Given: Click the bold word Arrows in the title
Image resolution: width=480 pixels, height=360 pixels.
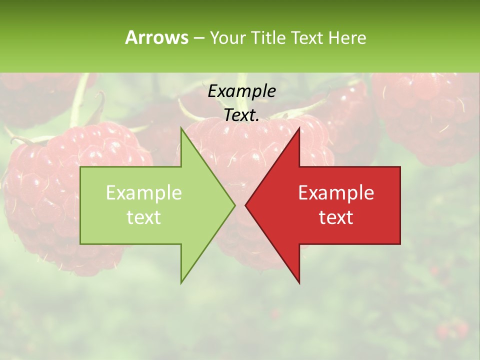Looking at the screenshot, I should (156, 37).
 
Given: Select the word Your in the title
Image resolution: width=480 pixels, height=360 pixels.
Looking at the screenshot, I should (228, 38).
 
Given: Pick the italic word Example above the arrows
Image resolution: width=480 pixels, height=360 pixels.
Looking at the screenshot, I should (241, 91).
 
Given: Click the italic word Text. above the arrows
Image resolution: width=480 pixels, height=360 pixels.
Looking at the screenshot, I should (241, 115).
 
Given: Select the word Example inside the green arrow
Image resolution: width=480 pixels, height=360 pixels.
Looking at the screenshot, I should (144, 193).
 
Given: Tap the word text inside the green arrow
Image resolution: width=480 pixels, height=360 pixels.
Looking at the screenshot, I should (144, 217).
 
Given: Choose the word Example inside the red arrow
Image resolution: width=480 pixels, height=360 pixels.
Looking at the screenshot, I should (336, 193).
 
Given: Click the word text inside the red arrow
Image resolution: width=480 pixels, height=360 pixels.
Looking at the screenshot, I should (336, 217).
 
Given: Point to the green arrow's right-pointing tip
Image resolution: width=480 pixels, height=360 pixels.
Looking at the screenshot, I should (234, 205).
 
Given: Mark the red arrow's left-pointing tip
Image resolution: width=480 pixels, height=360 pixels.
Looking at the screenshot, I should (246, 205).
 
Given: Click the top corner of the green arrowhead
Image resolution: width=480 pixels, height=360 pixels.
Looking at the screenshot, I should (181, 128).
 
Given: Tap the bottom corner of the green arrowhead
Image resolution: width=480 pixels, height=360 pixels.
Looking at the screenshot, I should (181, 282).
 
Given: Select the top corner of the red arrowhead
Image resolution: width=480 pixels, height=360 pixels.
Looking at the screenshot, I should (299, 128).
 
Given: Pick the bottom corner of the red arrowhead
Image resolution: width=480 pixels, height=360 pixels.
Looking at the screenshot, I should (299, 282).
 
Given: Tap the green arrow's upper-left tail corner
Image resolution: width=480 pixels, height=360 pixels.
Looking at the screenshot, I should (81, 167).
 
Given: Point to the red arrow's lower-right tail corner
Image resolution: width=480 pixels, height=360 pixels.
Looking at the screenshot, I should (400, 243).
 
